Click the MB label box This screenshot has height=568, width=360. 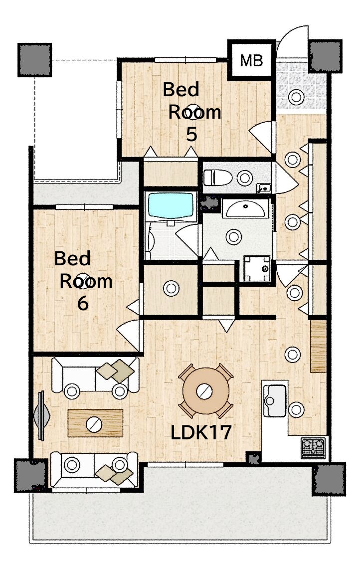click(x=251, y=60)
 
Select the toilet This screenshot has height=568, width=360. click(x=217, y=178)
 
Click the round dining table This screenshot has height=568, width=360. click(x=205, y=391)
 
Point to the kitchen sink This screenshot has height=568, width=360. click(x=275, y=400)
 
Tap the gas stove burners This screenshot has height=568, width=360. click(x=313, y=447)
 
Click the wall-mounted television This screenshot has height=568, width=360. click(x=41, y=415)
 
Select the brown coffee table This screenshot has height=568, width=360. click(x=95, y=423)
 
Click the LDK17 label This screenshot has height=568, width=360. click(x=200, y=432)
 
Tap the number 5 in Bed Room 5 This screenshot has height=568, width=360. click(x=191, y=134)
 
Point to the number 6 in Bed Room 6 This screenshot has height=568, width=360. click(x=83, y=303)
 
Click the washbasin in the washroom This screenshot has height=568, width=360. click(x=245, y=208)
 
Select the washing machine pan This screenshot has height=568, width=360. click(x=257, y=268)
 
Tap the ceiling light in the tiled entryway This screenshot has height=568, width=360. click(x=296, y=97)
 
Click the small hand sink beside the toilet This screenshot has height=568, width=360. click(x=264, y=188)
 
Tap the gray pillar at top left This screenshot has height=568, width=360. click(x=35, y=60)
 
